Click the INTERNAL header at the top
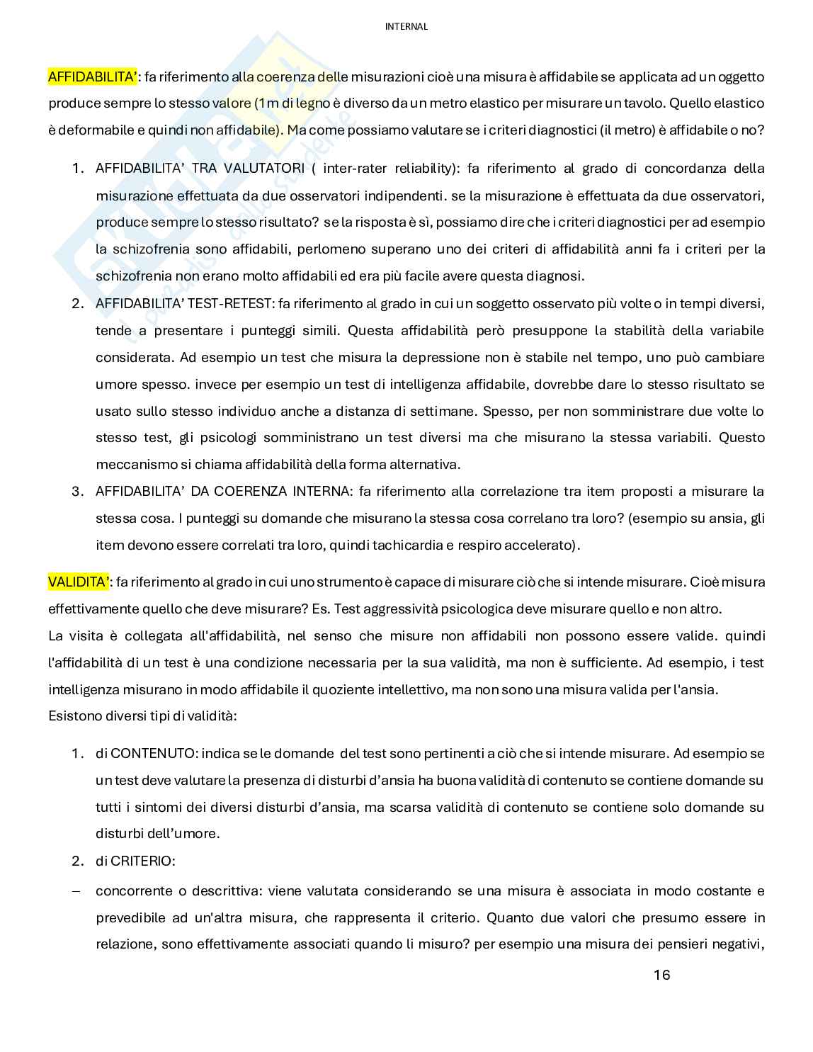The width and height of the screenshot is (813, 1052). click(406, 27)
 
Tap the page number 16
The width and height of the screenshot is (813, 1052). click(661, 975)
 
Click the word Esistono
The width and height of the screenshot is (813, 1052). click(74, 716)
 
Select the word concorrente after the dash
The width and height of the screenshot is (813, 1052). click(130, 890)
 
